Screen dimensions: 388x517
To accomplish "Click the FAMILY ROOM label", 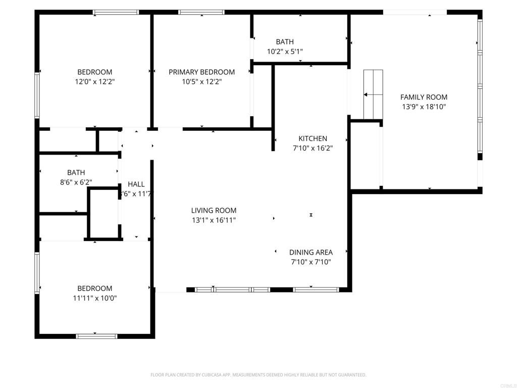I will click(424, 97).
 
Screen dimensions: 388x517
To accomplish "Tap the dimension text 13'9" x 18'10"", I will click(424, 107).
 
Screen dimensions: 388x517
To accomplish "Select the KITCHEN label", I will click(313, 138).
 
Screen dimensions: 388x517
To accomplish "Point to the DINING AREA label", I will click(311, 252).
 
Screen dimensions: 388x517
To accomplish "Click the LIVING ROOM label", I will click(214, 211).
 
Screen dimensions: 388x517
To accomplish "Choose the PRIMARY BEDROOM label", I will click(201, 72).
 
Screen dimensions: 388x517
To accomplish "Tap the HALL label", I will click(136, 184).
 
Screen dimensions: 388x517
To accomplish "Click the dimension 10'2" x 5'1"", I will click(284, 52).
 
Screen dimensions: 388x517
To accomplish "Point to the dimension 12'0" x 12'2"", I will click(94, 81).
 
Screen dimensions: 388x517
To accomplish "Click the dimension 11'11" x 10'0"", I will click(94, 298).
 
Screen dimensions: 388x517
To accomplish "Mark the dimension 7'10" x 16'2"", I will click(313, 148).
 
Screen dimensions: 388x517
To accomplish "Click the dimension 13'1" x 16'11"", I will click(214, 220).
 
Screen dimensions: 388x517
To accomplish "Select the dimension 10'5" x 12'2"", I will click(201, 82).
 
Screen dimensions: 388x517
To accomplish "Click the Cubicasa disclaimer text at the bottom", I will click(258, 375).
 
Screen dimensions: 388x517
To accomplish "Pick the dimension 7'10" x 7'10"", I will click(311, 262).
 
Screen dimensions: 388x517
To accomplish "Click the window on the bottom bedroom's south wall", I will click(96, 336).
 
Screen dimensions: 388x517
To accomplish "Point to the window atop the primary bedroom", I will click(201, 12).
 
